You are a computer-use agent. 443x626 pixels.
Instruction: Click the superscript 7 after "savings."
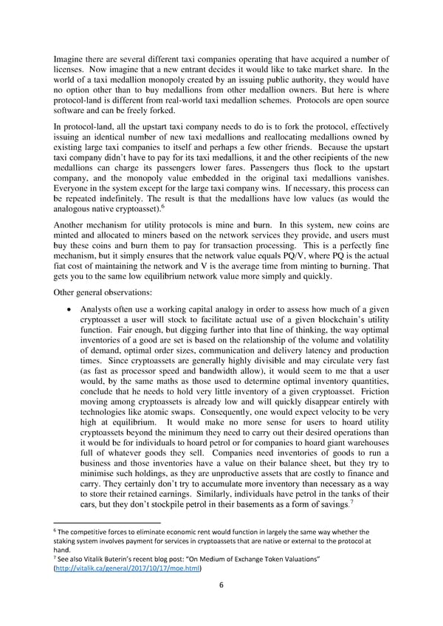click(349, 503)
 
